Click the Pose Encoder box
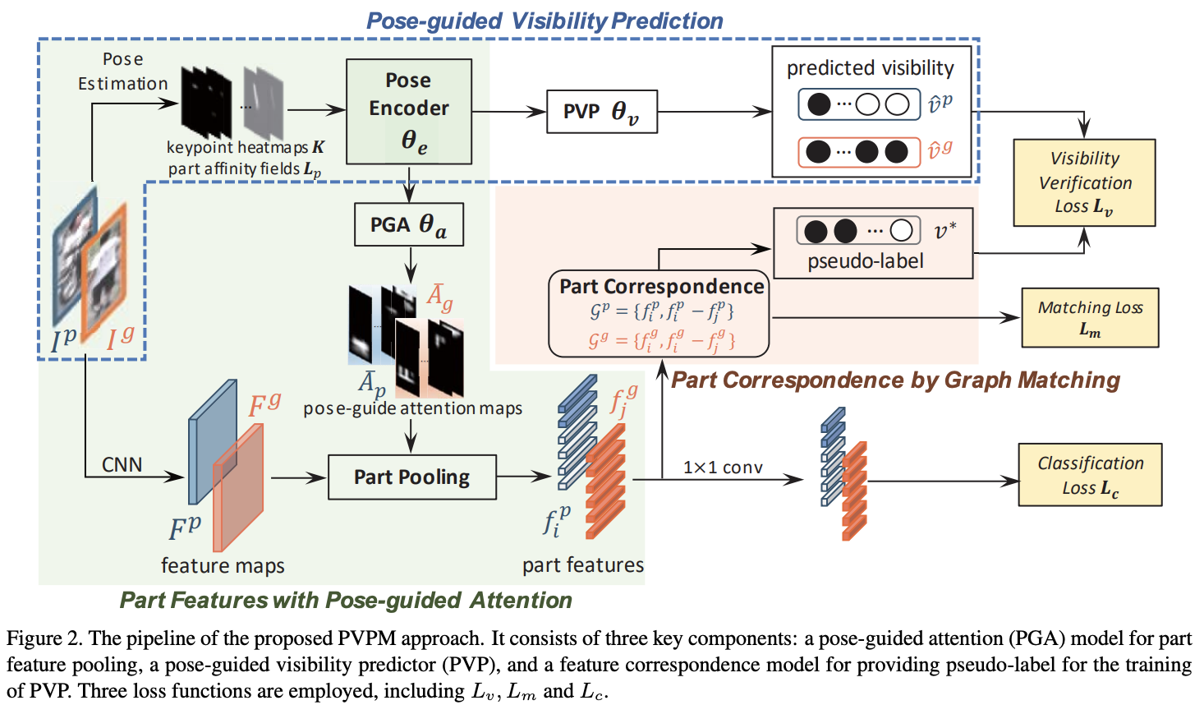point(408,112)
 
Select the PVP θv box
point(601,112)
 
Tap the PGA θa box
point(408,225)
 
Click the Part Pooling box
point(411,477)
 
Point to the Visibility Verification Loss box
point(1084,182)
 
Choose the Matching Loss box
point(1090,317)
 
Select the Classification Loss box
point(1090,475)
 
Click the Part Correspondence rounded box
point(659,314)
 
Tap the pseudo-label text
point(865,261)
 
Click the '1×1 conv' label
point(723,468)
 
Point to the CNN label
point(122,465)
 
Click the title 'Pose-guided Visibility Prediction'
point(544,21)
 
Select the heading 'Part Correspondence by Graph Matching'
point(895,380)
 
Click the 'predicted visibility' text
point(870,68)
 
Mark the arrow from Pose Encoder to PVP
point(509,112)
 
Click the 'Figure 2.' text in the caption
point(43,638)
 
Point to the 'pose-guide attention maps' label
point(412,408)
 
